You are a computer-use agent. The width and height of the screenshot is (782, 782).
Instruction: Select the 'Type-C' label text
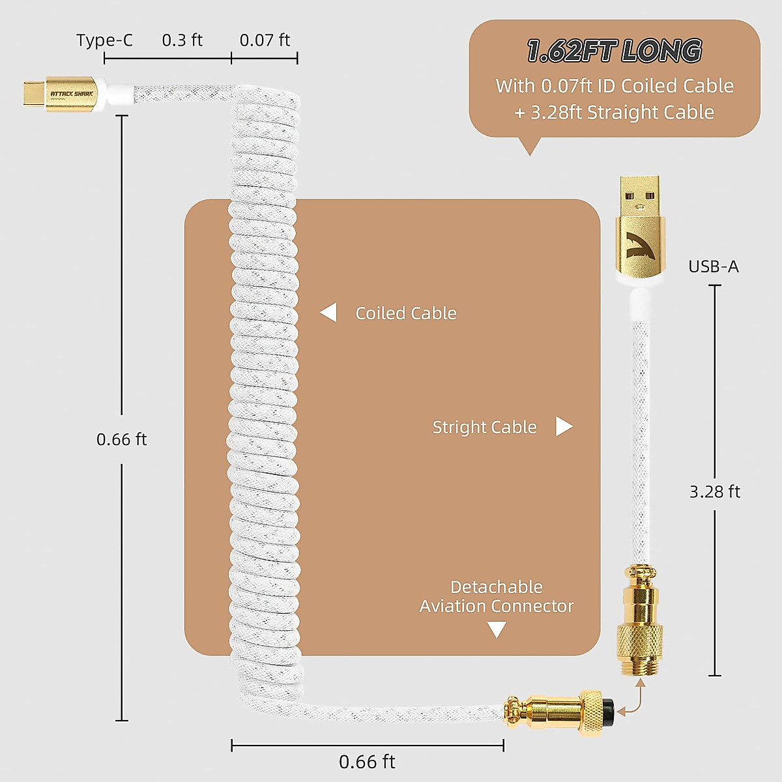[104, 40]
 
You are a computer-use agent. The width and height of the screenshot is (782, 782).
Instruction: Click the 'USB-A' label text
[714, 267]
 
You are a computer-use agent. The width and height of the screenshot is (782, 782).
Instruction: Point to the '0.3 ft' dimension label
[182, 40]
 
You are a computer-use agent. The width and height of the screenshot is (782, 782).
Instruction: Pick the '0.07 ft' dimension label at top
[265, 40]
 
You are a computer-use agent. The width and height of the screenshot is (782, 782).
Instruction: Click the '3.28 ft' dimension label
[715, 491]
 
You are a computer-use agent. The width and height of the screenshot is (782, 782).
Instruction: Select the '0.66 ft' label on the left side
[122, 440]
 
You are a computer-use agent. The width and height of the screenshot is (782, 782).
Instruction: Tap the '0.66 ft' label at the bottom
[367, 762]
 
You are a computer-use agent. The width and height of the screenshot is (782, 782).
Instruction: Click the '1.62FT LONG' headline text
[614, 51]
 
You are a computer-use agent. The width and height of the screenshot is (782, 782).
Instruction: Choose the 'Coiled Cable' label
[406, 313]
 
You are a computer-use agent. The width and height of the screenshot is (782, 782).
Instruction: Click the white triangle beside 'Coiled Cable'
[329, 313]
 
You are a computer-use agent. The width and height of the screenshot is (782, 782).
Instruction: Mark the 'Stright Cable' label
[484, 427]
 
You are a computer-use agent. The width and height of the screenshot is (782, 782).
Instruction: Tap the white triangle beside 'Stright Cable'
[564, 427]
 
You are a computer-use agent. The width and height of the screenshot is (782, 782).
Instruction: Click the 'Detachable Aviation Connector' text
[497, 596]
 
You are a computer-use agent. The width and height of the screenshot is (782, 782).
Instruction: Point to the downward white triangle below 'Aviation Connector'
[497, 630]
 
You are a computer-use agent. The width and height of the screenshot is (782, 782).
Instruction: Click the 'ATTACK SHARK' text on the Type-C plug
[72, 94]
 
